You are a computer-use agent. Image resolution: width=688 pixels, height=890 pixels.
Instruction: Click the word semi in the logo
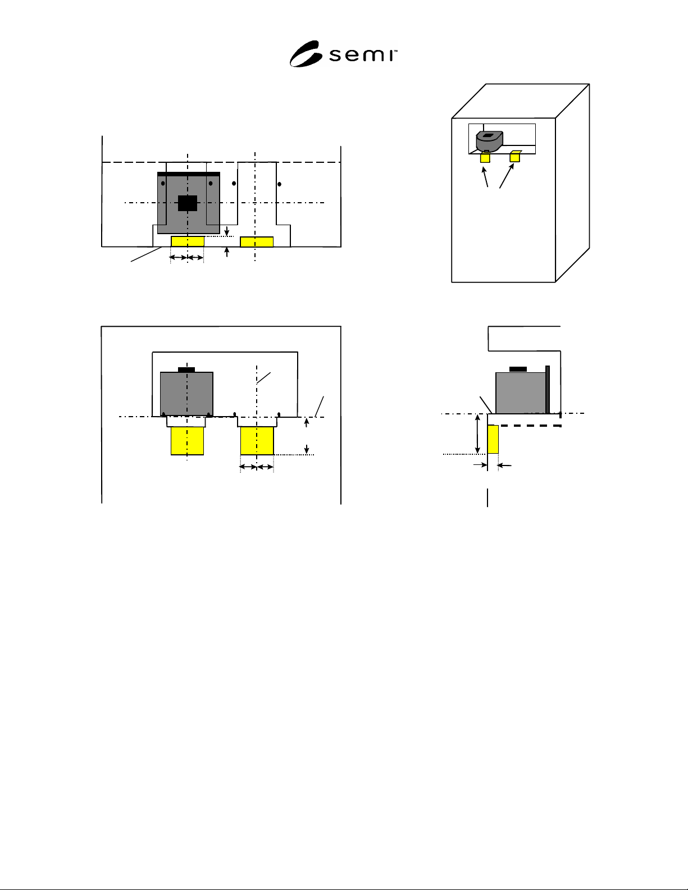(363, 56)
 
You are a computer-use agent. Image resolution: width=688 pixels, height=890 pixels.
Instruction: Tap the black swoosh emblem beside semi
(305, 54)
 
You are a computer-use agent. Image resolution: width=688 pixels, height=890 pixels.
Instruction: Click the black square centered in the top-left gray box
(188, 203)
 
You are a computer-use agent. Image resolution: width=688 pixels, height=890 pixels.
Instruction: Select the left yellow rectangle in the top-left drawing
(188, 241)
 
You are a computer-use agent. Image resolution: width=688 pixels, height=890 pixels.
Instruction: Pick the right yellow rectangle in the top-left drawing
(257, 241)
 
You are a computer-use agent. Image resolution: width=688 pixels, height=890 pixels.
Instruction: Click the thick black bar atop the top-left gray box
(189, 174)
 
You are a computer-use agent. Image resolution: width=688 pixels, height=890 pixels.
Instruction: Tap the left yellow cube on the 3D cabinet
(485, 157)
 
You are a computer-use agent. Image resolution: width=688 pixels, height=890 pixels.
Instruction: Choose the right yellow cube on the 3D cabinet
(515, 157)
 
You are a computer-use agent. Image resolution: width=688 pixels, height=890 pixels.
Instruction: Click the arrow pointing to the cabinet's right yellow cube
(507, 176)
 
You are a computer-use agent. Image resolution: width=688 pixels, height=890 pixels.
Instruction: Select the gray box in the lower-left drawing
(186, 394)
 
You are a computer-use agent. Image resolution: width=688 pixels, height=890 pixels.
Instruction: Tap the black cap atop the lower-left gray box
(186, 369)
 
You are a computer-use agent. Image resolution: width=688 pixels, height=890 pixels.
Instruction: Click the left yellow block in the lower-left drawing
(187, 441)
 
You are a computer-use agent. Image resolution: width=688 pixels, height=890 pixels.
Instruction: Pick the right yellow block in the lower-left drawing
(257, 441)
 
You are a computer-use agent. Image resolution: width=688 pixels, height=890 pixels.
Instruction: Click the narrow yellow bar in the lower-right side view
(493, 440)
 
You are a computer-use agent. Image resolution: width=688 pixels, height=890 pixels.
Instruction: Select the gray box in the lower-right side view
(521, 393)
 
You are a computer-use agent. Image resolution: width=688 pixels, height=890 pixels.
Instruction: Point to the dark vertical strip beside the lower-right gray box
(548, 390)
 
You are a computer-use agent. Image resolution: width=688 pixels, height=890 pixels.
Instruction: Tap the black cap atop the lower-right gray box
(518, 369)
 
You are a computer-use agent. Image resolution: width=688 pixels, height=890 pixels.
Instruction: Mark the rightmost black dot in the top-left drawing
(279, 184)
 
